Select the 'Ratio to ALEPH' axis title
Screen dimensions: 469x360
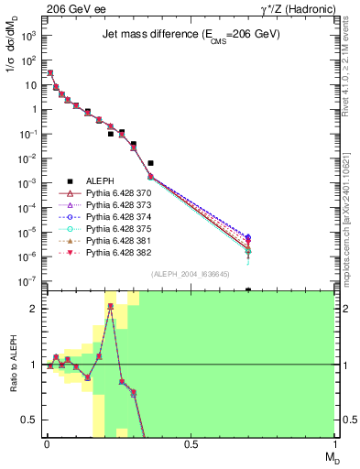13,364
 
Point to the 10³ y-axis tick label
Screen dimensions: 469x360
28,35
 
